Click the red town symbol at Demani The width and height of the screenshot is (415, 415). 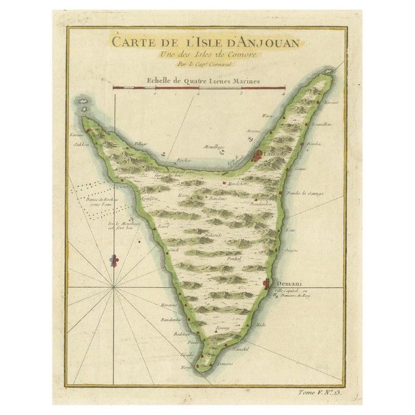click(x=268, y=283)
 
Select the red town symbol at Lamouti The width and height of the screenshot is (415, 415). click(x=257, y=155)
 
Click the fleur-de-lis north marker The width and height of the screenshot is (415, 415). click(x=115, y=261)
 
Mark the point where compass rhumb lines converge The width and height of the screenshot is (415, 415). click(x=114, y=285)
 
